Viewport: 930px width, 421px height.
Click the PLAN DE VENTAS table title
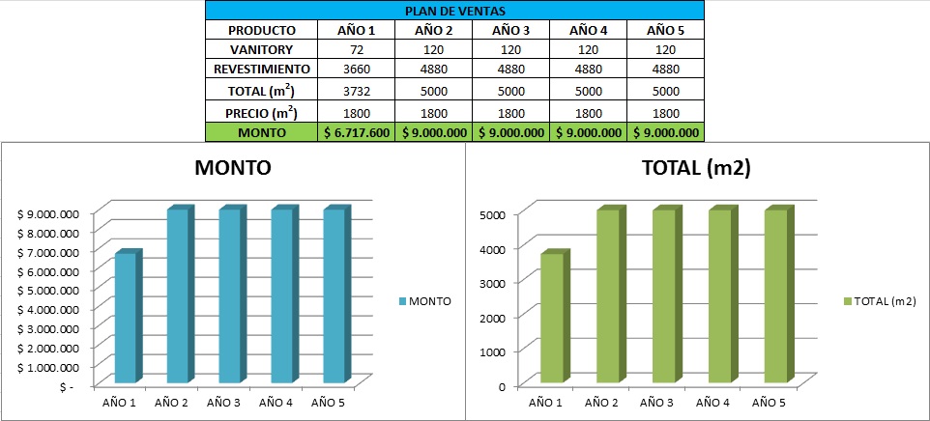pos(453,12)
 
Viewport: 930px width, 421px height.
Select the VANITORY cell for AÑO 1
pos(356,49)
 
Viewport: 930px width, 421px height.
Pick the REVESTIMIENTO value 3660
pos(356,70)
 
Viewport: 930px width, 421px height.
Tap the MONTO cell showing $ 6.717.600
pos(356,132)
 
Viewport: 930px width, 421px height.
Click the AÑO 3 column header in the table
pos(511,30)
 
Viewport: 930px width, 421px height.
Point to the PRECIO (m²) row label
pos(261,111)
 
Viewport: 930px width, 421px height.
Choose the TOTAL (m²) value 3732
pos(356,91)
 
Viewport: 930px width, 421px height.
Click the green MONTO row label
pos(261,132)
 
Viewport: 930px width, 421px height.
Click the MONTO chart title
pos(233,167)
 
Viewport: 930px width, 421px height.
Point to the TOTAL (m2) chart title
pos(697,167)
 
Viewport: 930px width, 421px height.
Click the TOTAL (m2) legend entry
pos(880,301)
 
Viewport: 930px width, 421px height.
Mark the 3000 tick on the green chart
pos(494,282)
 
